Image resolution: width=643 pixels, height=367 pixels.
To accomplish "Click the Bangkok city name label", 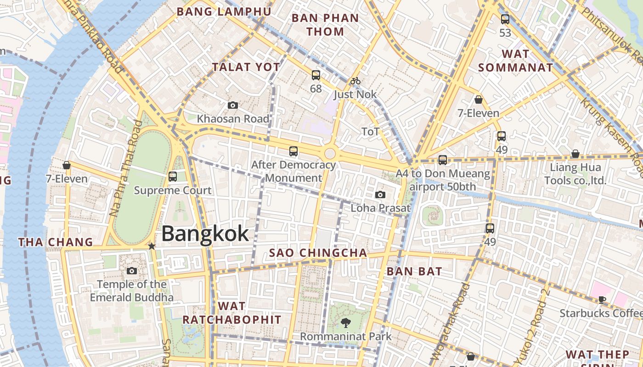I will click(205, 234).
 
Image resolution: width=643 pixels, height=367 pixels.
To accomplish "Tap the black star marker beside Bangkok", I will click(152, 246).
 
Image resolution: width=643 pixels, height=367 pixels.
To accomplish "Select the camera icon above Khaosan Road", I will click(233, 106).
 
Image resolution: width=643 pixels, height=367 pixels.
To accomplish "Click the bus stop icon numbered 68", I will click(316, 75).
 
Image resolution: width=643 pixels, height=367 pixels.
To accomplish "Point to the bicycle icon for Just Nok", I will click(355, 81).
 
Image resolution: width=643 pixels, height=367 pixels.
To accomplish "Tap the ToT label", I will click(371, 132).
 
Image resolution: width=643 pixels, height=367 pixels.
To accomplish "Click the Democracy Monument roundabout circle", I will click(330, 154).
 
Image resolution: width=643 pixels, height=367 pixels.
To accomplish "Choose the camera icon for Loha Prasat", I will click(380, 195).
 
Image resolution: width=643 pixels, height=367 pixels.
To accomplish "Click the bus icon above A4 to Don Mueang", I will click(443, 160).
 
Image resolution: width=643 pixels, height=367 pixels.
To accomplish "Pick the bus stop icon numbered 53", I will click(505, 19).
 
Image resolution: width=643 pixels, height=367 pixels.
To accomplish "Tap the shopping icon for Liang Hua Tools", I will click(575, 154).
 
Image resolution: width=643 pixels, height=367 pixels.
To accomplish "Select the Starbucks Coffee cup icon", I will click(602, 300).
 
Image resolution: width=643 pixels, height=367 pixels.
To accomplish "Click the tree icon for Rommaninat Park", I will click(345, 323).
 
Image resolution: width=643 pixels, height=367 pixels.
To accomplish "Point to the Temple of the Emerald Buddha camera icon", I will click(132, 271).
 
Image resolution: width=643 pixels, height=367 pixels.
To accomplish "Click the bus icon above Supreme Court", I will click(173, 176).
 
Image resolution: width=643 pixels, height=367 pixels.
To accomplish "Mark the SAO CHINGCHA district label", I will click(318, 253).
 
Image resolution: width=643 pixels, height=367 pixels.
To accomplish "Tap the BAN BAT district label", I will click(414, 271).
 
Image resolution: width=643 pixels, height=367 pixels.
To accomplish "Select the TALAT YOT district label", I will click(246, 67).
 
